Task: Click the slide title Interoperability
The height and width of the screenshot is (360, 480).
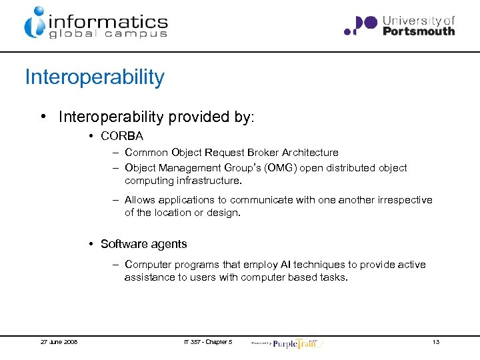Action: tap(94, 77)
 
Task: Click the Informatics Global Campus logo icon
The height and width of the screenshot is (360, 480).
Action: tap(35, 22)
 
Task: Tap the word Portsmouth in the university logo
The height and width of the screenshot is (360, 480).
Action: tap(419, 31)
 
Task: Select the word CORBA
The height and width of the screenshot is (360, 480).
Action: tap(122, 137)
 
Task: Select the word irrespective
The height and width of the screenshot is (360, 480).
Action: tap(401, 200)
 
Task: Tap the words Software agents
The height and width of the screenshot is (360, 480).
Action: tap(143, 244)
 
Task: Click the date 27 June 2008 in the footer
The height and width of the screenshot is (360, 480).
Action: tap(59, 342)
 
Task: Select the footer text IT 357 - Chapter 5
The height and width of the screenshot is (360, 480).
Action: tap(207, 342)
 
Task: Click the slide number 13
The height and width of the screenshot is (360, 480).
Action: tap(435, 342)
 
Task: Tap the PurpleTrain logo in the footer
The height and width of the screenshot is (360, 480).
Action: tap(295, 342)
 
